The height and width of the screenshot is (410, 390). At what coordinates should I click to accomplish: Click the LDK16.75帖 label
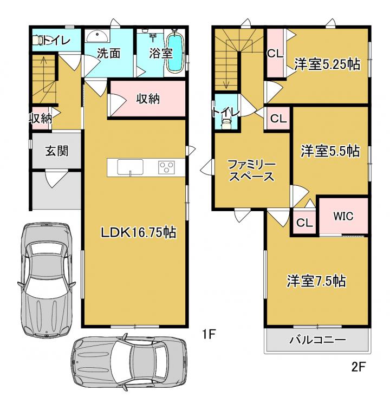point(139,232)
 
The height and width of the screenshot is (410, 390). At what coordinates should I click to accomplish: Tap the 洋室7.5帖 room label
point(316,281)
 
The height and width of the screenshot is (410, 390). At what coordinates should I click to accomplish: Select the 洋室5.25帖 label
point(327,64)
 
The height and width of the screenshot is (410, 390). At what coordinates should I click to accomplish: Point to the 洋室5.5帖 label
point(330,151)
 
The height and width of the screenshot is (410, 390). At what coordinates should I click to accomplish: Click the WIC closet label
point(343,216)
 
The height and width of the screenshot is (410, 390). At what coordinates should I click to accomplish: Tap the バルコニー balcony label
point(317,340)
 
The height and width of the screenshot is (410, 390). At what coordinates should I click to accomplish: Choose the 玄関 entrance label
point(56,151)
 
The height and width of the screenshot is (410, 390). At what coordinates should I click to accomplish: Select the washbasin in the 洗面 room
point(97,36)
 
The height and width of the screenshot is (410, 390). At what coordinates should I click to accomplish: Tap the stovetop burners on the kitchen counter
point(167,167)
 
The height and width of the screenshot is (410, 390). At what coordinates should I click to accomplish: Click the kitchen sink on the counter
point(130,167)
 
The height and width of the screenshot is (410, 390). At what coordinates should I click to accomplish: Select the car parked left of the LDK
point(46,279)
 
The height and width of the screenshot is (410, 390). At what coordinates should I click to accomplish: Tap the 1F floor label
point(209,334)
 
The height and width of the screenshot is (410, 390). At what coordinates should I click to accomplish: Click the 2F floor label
point(358,367)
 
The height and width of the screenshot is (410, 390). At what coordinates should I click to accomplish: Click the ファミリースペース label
point(252,171)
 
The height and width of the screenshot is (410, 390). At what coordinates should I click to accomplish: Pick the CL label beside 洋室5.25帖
point(275,54)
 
